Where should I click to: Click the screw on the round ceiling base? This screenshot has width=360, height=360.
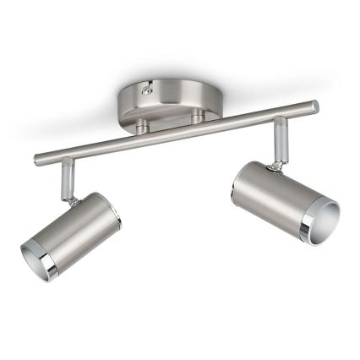tap(149, 86)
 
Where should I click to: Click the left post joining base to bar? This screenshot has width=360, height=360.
tap(144, 124)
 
